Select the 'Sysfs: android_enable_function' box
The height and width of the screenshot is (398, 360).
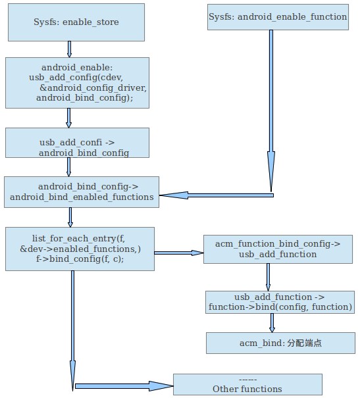(277, 16)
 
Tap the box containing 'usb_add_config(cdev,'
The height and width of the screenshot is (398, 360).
(77, 82)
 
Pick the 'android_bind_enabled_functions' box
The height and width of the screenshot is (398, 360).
(82, 191)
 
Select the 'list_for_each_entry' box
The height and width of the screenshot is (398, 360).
(80, 249)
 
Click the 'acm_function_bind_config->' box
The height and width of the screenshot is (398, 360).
(277, 249)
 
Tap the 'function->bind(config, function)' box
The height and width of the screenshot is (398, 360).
(280, 302)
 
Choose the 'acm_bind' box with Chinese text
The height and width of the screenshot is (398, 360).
(280, 343)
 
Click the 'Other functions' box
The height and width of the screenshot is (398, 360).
(247, 384)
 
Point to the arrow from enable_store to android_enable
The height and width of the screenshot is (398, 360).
(69, 49)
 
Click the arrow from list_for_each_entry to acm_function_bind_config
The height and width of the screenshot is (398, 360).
(178, 252)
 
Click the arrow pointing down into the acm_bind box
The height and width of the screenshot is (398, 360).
(272, 322)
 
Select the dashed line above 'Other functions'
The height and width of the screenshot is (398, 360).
(247, 379)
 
